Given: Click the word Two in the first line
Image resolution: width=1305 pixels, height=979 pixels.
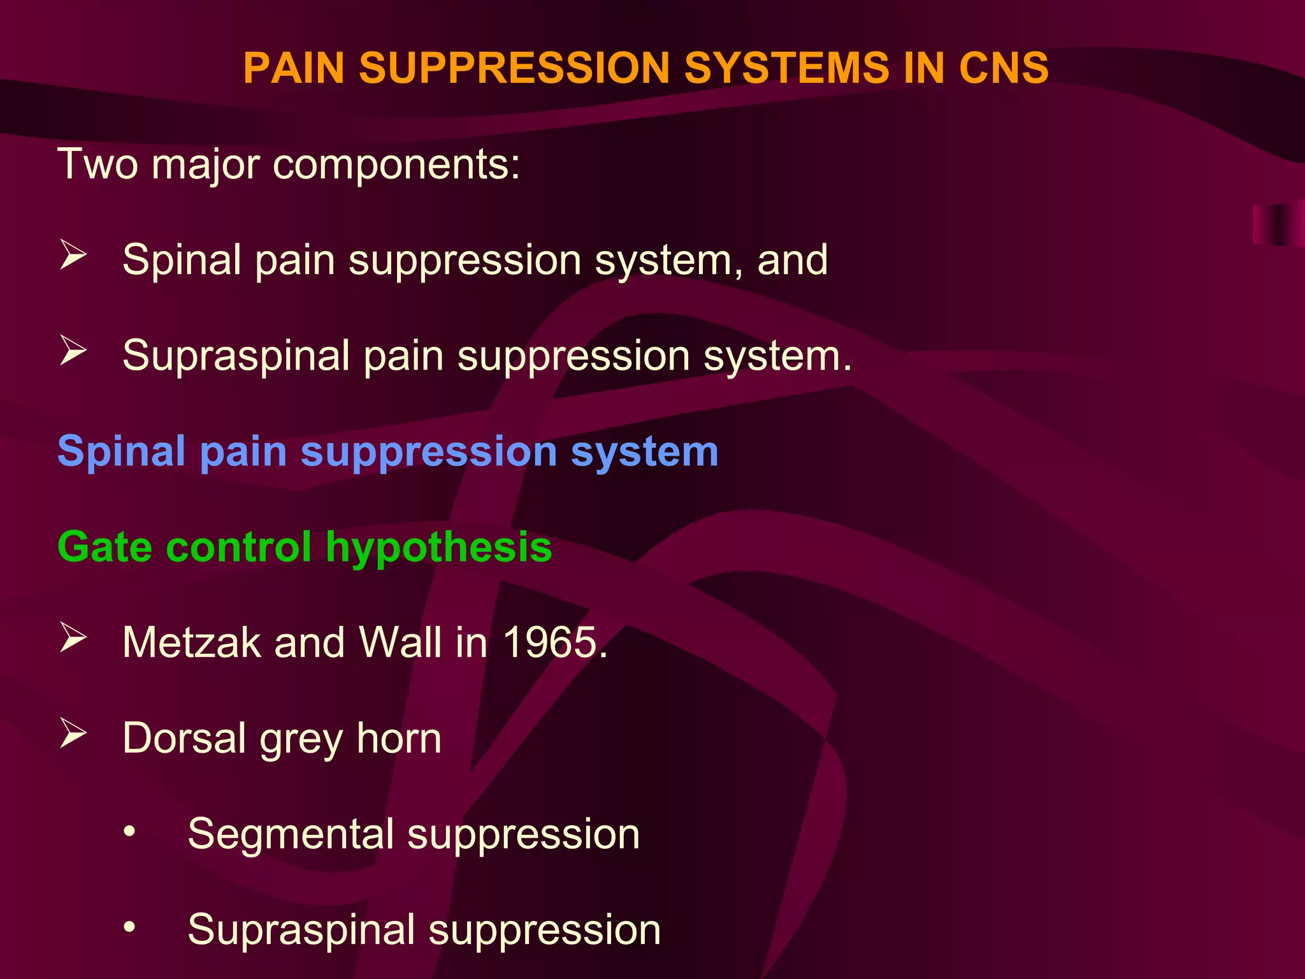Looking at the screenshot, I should [x=97, y=164].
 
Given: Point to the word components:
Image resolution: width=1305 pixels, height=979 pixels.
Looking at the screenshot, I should [x=396, y=165].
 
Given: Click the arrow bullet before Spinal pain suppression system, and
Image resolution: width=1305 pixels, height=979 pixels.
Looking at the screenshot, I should [x=73, y=255].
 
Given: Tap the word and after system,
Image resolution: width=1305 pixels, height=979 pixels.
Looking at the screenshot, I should [x=792, y=260].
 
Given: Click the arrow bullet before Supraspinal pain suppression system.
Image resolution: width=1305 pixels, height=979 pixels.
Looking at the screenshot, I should [x=73, y=351].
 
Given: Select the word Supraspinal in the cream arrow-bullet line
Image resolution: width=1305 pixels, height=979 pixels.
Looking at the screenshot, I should [x=236, y=356].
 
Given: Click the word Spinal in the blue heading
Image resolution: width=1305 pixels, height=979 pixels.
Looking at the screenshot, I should [x=121, y=452].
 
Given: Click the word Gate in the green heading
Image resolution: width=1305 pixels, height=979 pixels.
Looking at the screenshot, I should [x=105, y=547].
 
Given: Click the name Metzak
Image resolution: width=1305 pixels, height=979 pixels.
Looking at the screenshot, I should [x=192, y=642].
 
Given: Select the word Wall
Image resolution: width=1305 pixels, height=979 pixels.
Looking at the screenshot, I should [x=400, y=642].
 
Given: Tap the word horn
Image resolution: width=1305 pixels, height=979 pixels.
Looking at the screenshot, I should [x=399, y=738].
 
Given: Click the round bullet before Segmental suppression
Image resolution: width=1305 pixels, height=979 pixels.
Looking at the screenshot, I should [x=129, y=831].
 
